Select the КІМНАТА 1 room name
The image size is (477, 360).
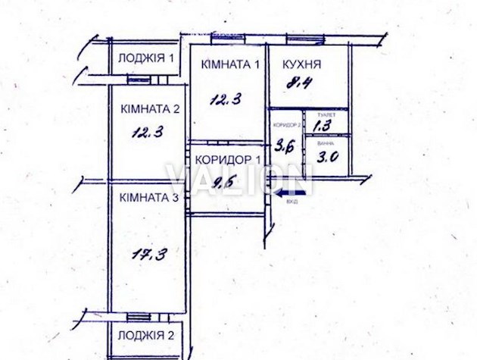[230, 64]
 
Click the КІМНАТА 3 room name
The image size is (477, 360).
[148, 198]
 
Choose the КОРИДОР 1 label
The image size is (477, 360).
[228, 160]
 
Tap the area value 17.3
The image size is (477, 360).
[151, 255]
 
